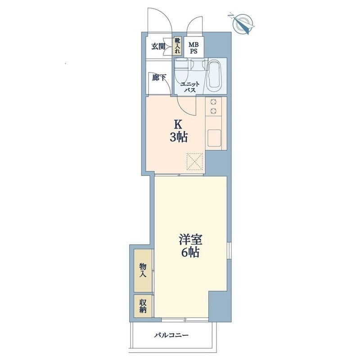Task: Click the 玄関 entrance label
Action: (x=158, y=47)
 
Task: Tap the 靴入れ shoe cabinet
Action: (x=177, y=46)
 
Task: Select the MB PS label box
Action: (x=193, y=47)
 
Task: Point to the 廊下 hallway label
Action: (x=159, y=78)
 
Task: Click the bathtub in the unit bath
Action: (x=214, y=76)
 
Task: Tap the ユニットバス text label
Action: (x=189, y=87)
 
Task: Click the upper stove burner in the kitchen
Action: (x=213, y=102)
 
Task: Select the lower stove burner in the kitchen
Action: (x=213, y=111)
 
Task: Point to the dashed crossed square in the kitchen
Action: (x=195, y=162)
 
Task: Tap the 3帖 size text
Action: (x=179, y=138)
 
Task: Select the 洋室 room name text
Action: (x=190, y=240)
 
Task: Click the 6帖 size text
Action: (x=190, y=253)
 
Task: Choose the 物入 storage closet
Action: (x=143, y=271)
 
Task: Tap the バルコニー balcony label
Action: (x=171, y=335)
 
